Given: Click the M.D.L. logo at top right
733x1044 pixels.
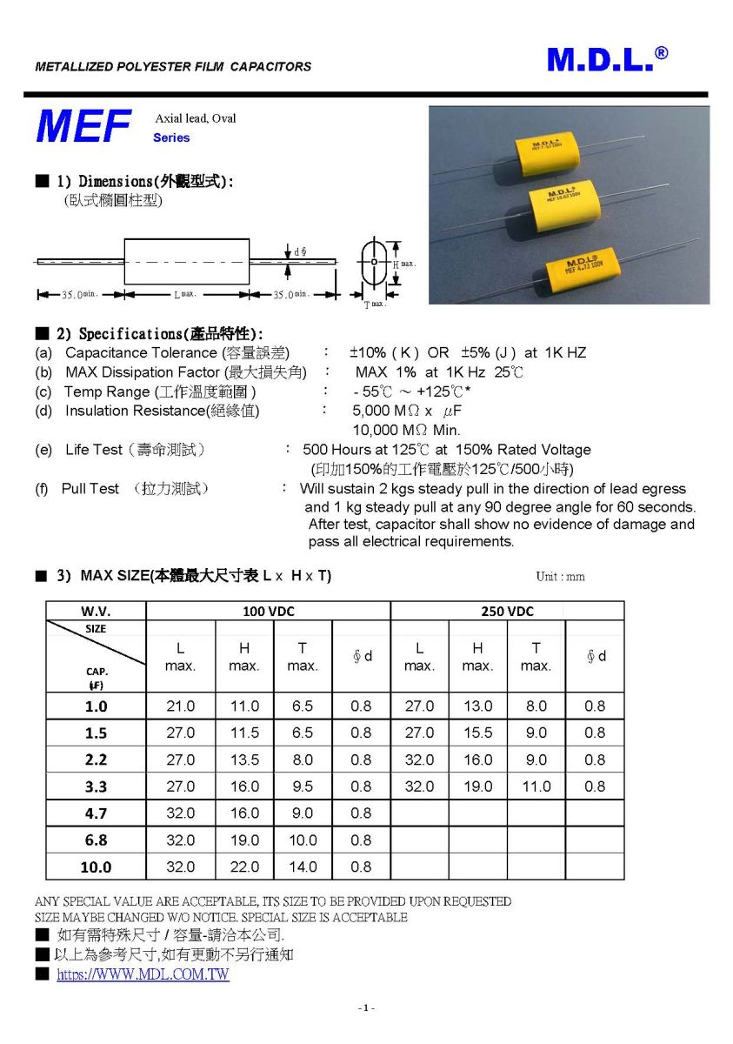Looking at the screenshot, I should pos(607,59).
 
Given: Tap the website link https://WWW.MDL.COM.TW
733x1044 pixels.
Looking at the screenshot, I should pos(143,974).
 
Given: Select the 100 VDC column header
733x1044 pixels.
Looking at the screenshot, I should pos(269,612).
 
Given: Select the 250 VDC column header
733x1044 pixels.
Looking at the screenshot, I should pos(507,612).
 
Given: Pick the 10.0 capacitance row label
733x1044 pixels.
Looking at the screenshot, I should pos(96,867).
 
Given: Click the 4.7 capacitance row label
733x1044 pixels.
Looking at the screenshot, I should pos(96,813).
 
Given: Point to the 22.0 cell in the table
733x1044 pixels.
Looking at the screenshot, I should pos(244,867).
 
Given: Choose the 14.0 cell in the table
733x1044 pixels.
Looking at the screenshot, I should pos(303,867).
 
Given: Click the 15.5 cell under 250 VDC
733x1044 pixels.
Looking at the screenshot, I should pos(477,733).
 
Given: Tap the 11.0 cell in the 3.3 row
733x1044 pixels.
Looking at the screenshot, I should pos(536,786).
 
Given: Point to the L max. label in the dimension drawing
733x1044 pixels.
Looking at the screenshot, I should pos(186,295).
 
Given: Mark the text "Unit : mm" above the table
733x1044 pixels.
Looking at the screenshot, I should pos(561,577).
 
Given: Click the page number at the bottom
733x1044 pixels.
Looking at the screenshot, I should pos(366,1007).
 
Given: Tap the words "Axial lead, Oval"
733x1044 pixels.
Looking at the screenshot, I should pos(195,118).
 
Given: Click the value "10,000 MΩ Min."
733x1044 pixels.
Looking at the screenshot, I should pos(406,430).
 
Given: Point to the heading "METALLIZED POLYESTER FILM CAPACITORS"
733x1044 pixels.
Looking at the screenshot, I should pos(173,66).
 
